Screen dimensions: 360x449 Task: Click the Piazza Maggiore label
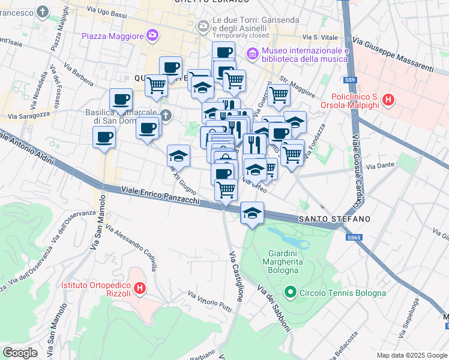(113, 36)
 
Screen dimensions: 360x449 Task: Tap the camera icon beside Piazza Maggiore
(152, 35)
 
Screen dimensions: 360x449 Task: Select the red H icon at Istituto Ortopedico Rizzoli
(139, 289)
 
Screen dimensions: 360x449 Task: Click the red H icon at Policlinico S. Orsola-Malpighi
(388, 100)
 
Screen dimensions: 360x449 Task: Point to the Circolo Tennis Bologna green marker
(291, 293)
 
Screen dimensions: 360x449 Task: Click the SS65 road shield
(354, 238)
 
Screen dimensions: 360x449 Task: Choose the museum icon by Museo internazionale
(252, 55)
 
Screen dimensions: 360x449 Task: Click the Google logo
(20, 353)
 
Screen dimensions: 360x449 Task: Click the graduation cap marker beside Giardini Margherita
(253, 212)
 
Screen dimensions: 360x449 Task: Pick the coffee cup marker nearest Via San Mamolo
(104, 137)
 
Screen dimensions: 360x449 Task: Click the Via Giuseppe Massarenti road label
(393, 55)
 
